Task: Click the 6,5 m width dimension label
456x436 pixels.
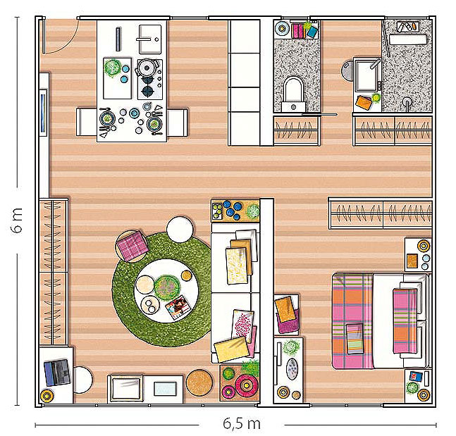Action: pos(242,423)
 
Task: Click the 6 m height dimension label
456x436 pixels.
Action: pos(17,220)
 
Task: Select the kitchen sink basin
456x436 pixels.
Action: pos(150,39)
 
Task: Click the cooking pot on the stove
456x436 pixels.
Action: pos(147,68)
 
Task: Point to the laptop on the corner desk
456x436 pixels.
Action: pos(57,373)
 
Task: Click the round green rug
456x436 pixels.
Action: pos(162,289)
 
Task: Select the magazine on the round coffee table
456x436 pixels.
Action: pos(178,308)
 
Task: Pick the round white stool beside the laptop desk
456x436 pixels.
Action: pos(82,380)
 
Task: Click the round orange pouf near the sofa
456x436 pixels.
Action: pos(199,382)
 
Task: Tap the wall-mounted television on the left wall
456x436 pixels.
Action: pos(43,112)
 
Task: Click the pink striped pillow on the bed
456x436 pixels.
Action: pos(405,320)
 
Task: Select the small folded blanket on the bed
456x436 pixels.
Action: pos(355,339)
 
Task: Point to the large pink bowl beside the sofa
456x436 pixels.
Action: pos(246,385)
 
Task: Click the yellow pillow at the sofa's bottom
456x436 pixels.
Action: pos(232,349)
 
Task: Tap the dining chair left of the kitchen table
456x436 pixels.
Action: pos(87,122)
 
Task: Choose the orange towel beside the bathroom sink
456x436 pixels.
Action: pos(364,103)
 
